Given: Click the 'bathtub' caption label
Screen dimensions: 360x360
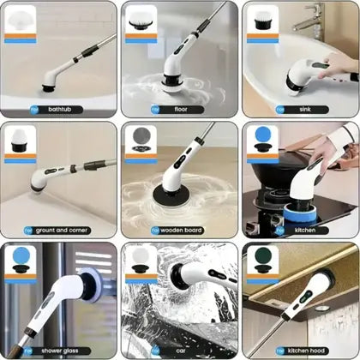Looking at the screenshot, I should pos(59,110).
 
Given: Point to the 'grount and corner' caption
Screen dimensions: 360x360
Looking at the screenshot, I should pos(59,230).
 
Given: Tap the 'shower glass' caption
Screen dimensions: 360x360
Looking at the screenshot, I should pos(59,350).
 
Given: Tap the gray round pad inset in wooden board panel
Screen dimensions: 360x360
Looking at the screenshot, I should pos(141,138).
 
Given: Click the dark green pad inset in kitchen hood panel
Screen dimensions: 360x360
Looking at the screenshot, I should pos(261,259).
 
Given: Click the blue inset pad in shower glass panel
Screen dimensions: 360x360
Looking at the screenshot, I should pos(20,259).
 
